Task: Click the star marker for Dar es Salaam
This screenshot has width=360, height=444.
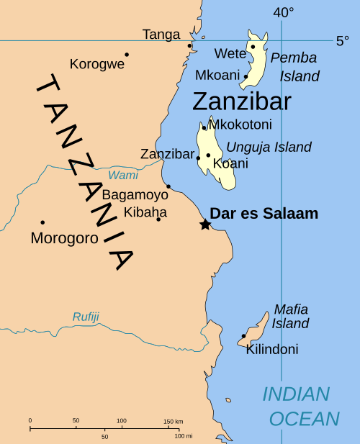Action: pos(205,225)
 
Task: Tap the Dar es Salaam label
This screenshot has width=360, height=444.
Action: pos(264,214)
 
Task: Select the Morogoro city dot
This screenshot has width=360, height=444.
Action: pos(42,222)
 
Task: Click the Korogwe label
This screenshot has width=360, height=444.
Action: pos(97,64)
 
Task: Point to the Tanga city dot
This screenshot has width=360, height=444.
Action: pos(190,46)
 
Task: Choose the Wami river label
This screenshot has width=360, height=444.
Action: pos(122,175)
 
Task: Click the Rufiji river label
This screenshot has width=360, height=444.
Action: pos(85,317)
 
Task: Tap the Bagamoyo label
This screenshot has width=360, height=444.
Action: pos(135,195)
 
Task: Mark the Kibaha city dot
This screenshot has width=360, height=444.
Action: pos(158,219)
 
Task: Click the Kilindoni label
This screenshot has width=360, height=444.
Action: pos(272,350)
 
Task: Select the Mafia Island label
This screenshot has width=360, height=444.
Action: pos(290,317)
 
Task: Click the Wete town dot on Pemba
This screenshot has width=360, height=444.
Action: pos(253,47)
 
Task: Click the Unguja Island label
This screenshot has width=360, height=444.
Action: pos(269,148)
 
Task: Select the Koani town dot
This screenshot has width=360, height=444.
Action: pos(208,155)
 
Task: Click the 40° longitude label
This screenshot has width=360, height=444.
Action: pos(284,12)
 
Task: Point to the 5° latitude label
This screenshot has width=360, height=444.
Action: pos(343,41)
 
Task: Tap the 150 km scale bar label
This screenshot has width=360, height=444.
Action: pos(173,421)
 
